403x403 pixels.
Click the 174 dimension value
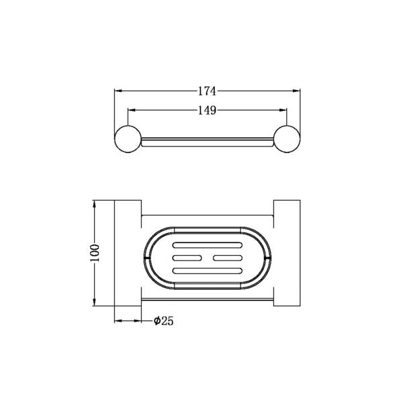point(207,91)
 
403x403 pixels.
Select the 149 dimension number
point(207,111)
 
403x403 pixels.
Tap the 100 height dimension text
point(95,253)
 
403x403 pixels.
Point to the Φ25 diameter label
point(163,321)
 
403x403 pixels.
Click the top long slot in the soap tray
point(208,245)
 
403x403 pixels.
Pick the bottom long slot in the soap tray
point(208,271)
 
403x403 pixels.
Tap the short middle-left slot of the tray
point(187,258)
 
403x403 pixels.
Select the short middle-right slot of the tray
point(228,258)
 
